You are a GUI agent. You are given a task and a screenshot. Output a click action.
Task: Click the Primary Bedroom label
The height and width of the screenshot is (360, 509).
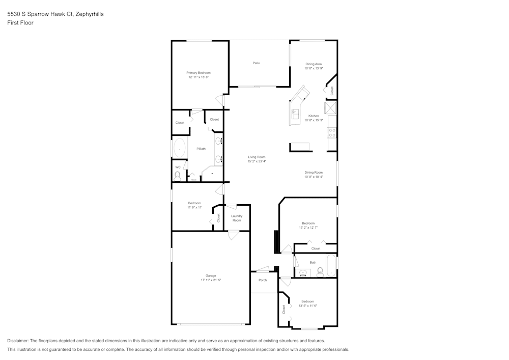click(x=198, y=73)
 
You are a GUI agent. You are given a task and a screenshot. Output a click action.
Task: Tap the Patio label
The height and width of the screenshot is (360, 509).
click(x=257, y=63)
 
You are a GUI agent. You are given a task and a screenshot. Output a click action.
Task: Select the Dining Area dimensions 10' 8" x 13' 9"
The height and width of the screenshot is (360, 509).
click(x=314, y=68)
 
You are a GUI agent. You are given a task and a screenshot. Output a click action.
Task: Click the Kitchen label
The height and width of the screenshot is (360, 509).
click(x=314, y=116)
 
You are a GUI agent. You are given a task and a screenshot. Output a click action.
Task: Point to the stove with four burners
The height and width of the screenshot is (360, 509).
click(x=332, y=133)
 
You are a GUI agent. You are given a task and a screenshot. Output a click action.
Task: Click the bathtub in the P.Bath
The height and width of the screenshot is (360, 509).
click(x=179, y=149)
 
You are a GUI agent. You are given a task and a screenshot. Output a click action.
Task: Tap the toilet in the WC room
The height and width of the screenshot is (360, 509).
click(x=177, y=176)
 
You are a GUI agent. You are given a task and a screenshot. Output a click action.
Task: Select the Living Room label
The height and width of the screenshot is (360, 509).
click(x=257, y=157)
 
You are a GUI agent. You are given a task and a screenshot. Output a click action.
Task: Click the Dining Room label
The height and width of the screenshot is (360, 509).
click(x=314, y=173)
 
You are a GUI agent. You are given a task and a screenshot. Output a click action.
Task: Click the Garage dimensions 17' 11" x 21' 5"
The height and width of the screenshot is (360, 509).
click(x=211, y=280)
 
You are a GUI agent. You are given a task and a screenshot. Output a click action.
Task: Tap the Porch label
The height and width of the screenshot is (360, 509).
click(x=263, y=280)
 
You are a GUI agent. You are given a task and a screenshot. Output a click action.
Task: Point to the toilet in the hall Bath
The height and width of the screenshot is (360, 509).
click(x=320, y=272)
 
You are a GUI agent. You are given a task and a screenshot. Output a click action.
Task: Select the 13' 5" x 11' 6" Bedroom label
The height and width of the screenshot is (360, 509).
click(x=307, y=301)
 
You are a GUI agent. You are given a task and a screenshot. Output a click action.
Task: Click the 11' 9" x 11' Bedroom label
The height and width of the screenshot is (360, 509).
click(x=194, y=203)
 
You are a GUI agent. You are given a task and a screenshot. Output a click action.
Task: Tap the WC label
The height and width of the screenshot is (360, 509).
click(x=178, y=167)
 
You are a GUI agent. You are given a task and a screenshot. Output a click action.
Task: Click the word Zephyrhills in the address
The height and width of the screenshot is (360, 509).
click(x=89, y=14)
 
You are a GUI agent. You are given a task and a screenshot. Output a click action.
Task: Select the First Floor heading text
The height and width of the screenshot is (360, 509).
click(x=20, y=23)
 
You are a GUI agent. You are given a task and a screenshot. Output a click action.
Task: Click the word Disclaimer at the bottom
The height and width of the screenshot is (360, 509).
click(x=18, y=340)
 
